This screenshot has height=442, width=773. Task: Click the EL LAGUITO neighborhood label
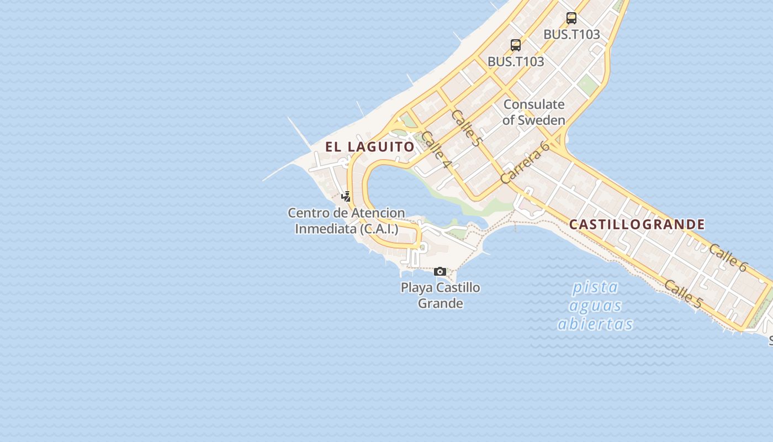pos(369,147)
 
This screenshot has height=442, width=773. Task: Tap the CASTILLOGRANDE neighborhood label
pos(637,225)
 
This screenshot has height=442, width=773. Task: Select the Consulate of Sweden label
pos(534,112)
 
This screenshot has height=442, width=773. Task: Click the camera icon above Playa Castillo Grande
pos(440,271)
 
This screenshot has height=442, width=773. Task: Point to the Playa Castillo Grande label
pos(440,296)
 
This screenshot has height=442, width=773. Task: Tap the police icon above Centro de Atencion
pos(346,196)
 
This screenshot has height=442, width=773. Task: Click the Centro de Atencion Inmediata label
pos(346,220)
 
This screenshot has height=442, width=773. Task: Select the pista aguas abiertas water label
pos(595,306)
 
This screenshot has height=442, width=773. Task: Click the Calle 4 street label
pos(436,150)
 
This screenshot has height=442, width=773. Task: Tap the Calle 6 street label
pos(728,257)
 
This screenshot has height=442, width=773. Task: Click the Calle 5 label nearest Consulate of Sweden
pos(465,128)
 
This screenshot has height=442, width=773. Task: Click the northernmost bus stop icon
pos(571,18)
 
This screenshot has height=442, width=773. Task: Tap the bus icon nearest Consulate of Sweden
pos(516,45)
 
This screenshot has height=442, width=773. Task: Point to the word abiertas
pos(595,324)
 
